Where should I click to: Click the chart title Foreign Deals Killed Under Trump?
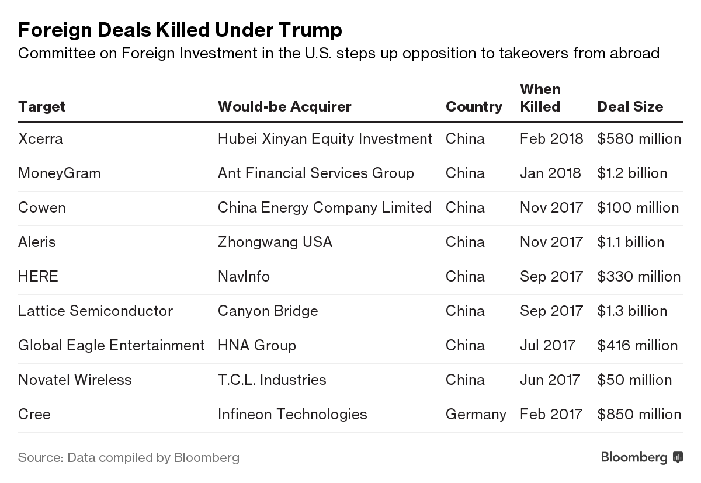[180, 30]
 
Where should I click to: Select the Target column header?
[41, 107]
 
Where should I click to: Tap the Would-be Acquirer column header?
[284, 107]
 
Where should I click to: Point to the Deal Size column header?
[630, 107]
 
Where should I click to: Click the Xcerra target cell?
[40, 139]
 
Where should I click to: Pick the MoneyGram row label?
[59, 173]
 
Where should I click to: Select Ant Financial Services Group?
[315, 173]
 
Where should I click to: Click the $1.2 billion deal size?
[632, 173]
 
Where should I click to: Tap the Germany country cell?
[476, 415]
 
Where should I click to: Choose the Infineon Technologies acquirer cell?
[292, 415]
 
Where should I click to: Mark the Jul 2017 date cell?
[547, 346]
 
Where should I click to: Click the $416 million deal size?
[637, 346]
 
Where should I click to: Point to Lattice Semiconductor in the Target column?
[95, 311]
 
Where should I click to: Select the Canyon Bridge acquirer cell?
[268, 311]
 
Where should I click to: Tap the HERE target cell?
[38, 277]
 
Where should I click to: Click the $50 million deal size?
[634, 380]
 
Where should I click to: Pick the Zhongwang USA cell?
[275, 242]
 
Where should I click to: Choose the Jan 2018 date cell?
[550, 173]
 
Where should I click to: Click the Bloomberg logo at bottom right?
[641, 457]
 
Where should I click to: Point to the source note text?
[129, 457]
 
